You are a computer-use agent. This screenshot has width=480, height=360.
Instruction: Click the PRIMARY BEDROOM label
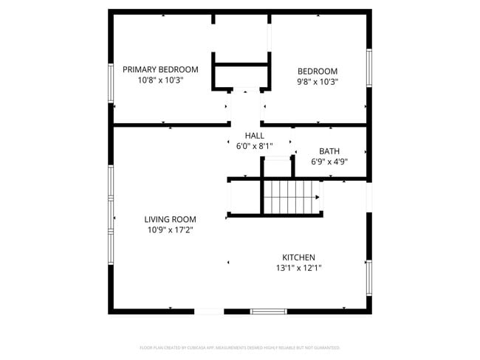click(x=160, y=69)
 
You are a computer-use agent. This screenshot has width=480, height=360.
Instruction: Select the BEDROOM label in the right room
click(x=317, y=72)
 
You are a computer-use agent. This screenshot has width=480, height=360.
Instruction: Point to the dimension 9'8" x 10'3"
click(x=317, y=82)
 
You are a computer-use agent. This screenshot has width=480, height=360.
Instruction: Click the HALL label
click(x=254, y=136)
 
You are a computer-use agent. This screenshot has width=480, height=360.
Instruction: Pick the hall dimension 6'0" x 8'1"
click(x=254, y=146)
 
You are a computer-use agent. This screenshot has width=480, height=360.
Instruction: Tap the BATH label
click(x=329, y=151)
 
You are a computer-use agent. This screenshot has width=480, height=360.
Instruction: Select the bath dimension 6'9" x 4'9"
click(x=329, y=162)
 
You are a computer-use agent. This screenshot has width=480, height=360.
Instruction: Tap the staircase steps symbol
click(x=288, y=197)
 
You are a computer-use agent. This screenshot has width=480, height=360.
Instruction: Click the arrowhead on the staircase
click(x=318, y=197)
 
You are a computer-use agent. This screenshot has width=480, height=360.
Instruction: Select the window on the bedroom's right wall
click(x=368, y=68)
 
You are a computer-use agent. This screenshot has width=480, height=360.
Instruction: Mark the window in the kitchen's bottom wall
click(x=269, y=311)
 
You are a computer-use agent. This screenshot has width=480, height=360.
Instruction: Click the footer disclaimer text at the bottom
click(x=239, y=347)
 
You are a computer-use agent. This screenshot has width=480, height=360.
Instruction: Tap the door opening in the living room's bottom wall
click(x=209, y=311)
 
